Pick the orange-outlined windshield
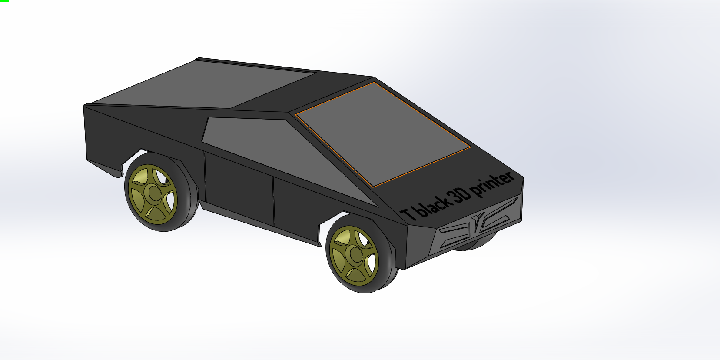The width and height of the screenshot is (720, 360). click(382, 134)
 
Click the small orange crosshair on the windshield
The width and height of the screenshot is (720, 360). click(377, 167)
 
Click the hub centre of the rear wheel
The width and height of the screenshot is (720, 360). click(155, 193)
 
